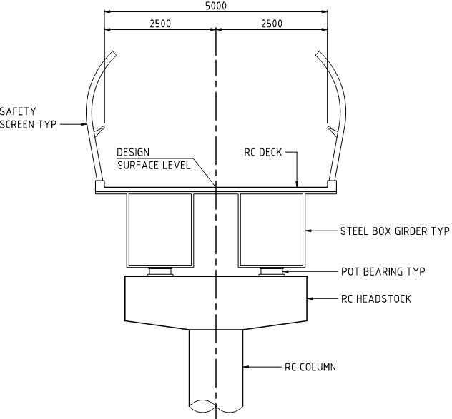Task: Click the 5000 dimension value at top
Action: pyautogui.click(x=216, y=6)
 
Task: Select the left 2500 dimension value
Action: pyautogui.click(x=160, y=24)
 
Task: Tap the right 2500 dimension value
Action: pyautogui.click(x=272, y=24)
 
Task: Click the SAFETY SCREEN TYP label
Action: pyautogui.click(x=28, y=118)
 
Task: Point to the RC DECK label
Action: pyautogui.click(x=263, y=153)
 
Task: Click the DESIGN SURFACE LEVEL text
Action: pyautogui.click(x=154, y=159)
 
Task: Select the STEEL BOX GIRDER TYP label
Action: pyautogui.click(x=395, y=231)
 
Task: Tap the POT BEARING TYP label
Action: pyautogui.click(x=383, y=272)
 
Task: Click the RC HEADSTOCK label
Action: pyautogui.click(x=376, y=299)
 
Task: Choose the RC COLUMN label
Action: pyautogui.click(x=310, y=367)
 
